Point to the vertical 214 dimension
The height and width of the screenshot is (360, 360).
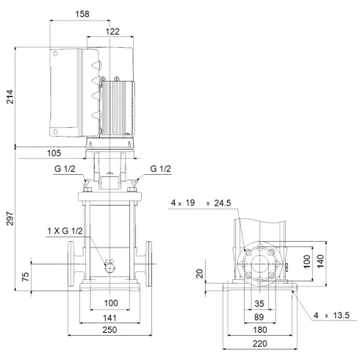(x=10, y=96)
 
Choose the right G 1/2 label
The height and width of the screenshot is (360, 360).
(x=160, y=170)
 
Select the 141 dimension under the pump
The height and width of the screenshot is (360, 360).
(x=110, y=317)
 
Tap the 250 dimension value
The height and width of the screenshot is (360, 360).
(x=110, y=332)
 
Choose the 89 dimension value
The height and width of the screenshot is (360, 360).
(x=259, y=317)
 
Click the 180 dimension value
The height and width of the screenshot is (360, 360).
(x=259, y=331)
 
